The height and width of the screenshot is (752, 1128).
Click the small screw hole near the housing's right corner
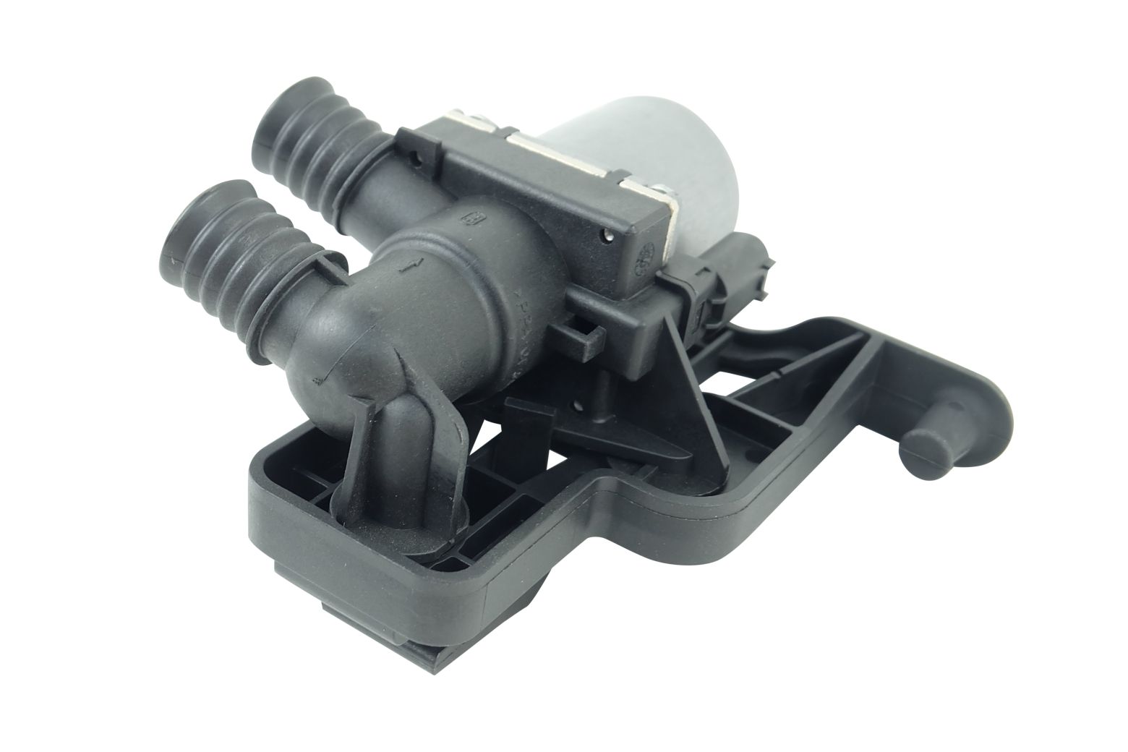(607, 235)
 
